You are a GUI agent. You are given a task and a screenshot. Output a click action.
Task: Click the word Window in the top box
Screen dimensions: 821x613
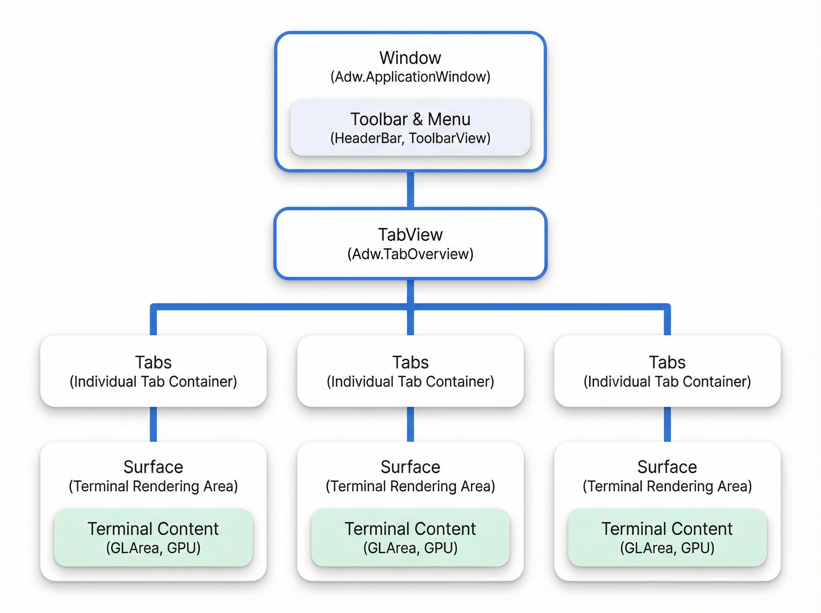(410, 58)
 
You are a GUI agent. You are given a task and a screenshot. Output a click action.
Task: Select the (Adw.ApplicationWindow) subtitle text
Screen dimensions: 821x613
(410, 77)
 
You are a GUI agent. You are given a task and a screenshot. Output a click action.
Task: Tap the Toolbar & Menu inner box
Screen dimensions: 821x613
(410, 127)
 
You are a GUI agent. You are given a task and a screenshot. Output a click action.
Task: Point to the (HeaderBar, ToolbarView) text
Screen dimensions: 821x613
(410, 138)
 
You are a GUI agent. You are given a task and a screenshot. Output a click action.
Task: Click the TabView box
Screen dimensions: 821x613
(410, 244)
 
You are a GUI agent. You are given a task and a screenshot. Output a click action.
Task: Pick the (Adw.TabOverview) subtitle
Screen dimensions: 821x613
(410, 254)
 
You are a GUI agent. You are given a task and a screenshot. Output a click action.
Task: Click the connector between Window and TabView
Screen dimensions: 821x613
(410, 190)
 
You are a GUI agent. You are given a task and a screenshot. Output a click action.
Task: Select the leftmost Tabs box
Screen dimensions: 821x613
(153, 371)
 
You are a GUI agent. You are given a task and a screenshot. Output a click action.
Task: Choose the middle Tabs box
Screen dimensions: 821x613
(410, 371)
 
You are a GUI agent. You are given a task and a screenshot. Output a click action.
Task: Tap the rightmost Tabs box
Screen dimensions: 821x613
(667, 371)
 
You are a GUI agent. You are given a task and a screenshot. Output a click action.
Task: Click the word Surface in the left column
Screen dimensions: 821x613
(153, 467)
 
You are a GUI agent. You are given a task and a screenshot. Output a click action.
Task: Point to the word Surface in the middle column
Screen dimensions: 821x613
(410, 467)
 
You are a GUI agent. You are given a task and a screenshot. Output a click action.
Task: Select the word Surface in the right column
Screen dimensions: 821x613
(667, 467)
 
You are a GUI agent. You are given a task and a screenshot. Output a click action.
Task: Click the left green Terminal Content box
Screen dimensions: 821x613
(153, 538)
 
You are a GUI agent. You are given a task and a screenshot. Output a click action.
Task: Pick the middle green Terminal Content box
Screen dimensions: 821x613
(410, 538)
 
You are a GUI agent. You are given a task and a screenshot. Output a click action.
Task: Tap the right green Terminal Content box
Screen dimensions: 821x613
(667, 538)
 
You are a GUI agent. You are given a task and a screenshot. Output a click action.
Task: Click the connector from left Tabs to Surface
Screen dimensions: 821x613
(153, 425)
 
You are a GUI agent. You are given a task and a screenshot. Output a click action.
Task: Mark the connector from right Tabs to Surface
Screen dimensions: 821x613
(667, 425)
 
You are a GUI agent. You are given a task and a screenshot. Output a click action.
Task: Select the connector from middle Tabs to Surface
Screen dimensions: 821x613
(410, 425)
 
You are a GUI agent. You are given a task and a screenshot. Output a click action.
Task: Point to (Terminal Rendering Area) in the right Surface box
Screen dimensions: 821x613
(667, 486)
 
